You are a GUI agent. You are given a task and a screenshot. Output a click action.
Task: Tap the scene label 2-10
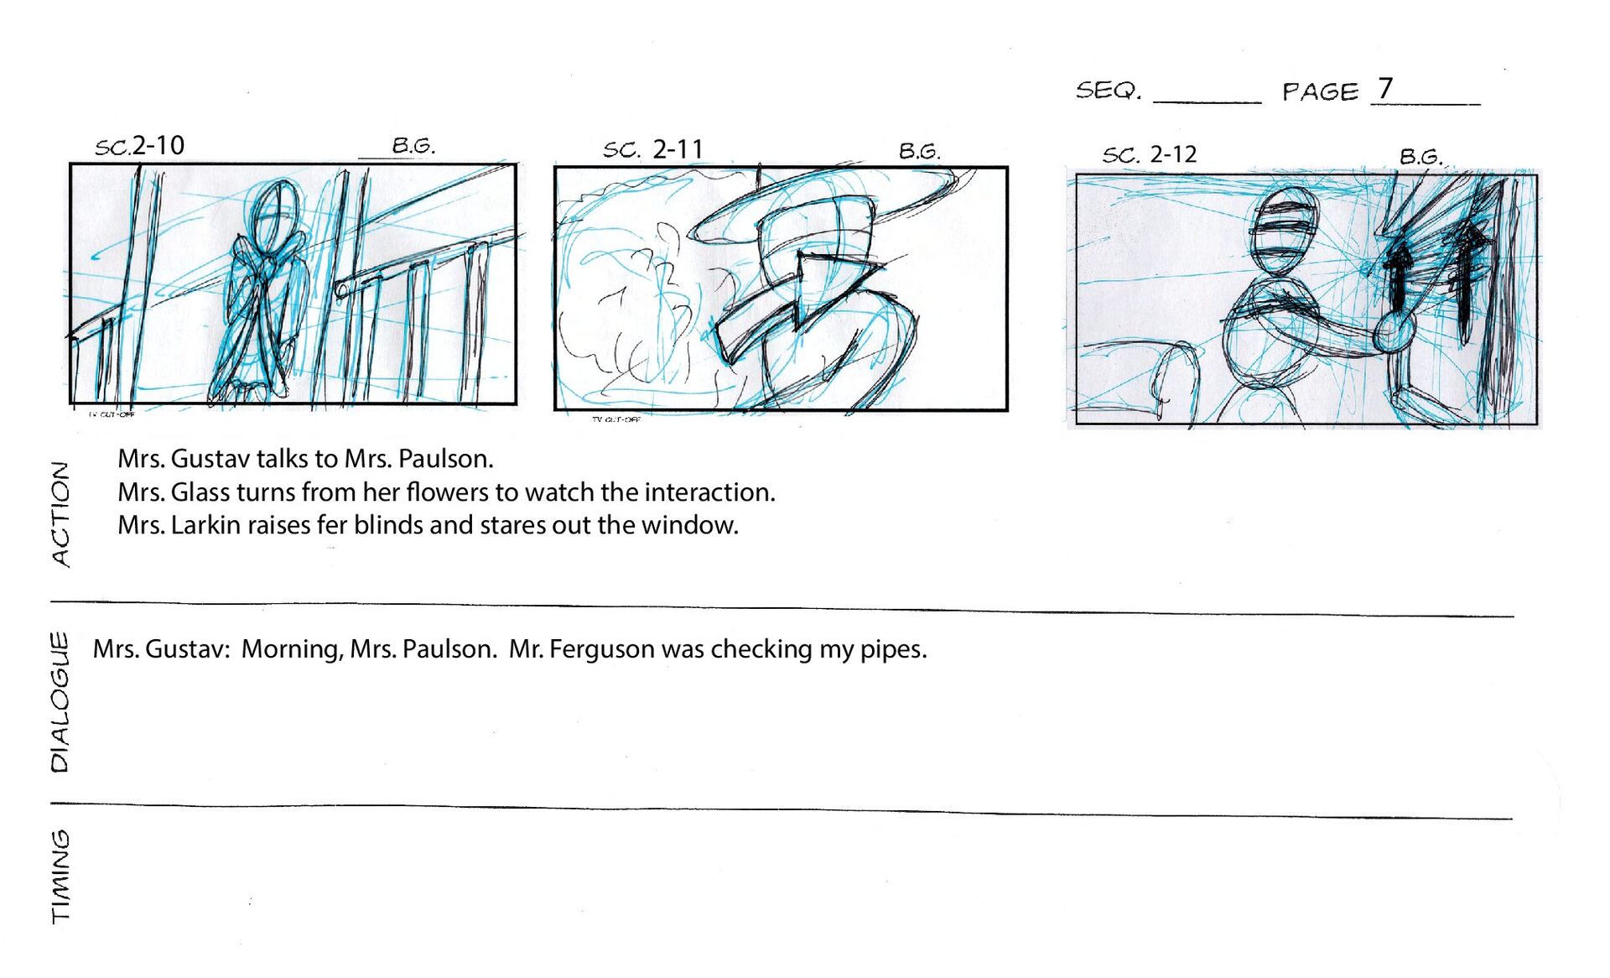[158, 145]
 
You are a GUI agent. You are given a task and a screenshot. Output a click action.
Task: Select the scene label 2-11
[678, 149]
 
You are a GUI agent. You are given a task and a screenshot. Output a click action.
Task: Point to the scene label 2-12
[1173, 154]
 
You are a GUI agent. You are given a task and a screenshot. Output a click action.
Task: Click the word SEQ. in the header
[1109, 90]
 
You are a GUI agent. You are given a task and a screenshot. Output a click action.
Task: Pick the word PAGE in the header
[1320, 91]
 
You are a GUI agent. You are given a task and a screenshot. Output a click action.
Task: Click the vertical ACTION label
[60, 514]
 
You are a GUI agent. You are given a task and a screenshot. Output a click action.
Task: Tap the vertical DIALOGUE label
[60, 702]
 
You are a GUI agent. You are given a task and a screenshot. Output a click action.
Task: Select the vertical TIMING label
[60, 877]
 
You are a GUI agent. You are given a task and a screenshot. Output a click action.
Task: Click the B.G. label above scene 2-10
[413, 145]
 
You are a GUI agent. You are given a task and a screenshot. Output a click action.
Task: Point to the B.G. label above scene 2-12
[1420, 156]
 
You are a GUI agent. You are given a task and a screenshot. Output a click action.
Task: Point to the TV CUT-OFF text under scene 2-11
[616, 419]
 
